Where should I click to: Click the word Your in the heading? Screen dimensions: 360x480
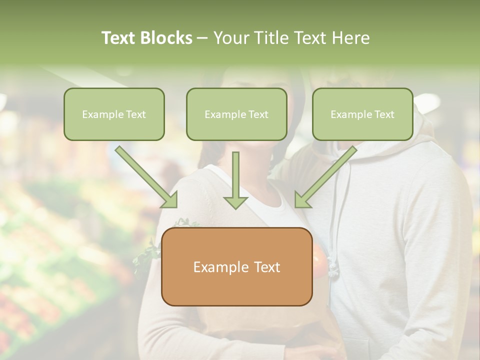(x=230, y=38)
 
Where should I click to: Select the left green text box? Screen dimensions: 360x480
(x=114, y=114)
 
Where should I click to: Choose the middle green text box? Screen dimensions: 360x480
(x=236, y=114)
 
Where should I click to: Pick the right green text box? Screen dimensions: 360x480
(x=362, y=114)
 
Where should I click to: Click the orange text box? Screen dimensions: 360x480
(x=236, y=266)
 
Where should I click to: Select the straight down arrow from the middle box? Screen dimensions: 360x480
(x=236, y=180)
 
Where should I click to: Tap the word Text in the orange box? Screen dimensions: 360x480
(x=267, y=267)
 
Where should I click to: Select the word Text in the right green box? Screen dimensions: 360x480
(x=384, y=114)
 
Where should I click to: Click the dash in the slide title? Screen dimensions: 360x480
(x=202, y=38)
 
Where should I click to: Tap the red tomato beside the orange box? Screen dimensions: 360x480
(x=318, y=257)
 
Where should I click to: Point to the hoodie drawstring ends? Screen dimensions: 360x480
(x=333, y=270)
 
